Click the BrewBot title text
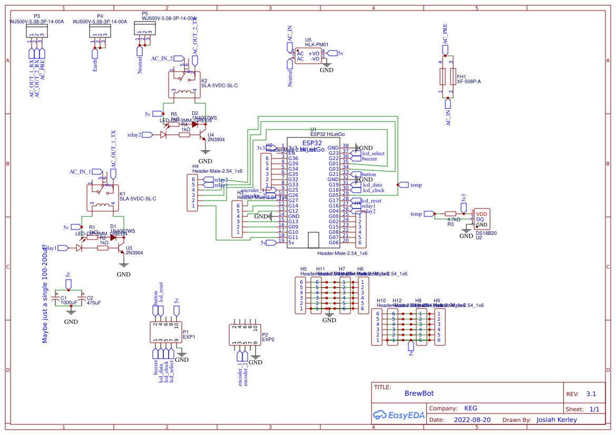coord(419,393)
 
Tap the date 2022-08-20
coord(472,420)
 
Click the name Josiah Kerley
coord(556,420)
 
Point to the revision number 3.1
coord(591,394)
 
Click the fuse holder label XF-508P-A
coord(468,82)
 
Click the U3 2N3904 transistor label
coord(134,253)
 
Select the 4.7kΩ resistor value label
coord(453,220)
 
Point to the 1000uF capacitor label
coord(69,303)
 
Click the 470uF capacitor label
coord(94,303)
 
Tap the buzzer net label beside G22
coord(369,159)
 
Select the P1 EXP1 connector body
coord(165,332)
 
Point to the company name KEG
coord(471,408)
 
